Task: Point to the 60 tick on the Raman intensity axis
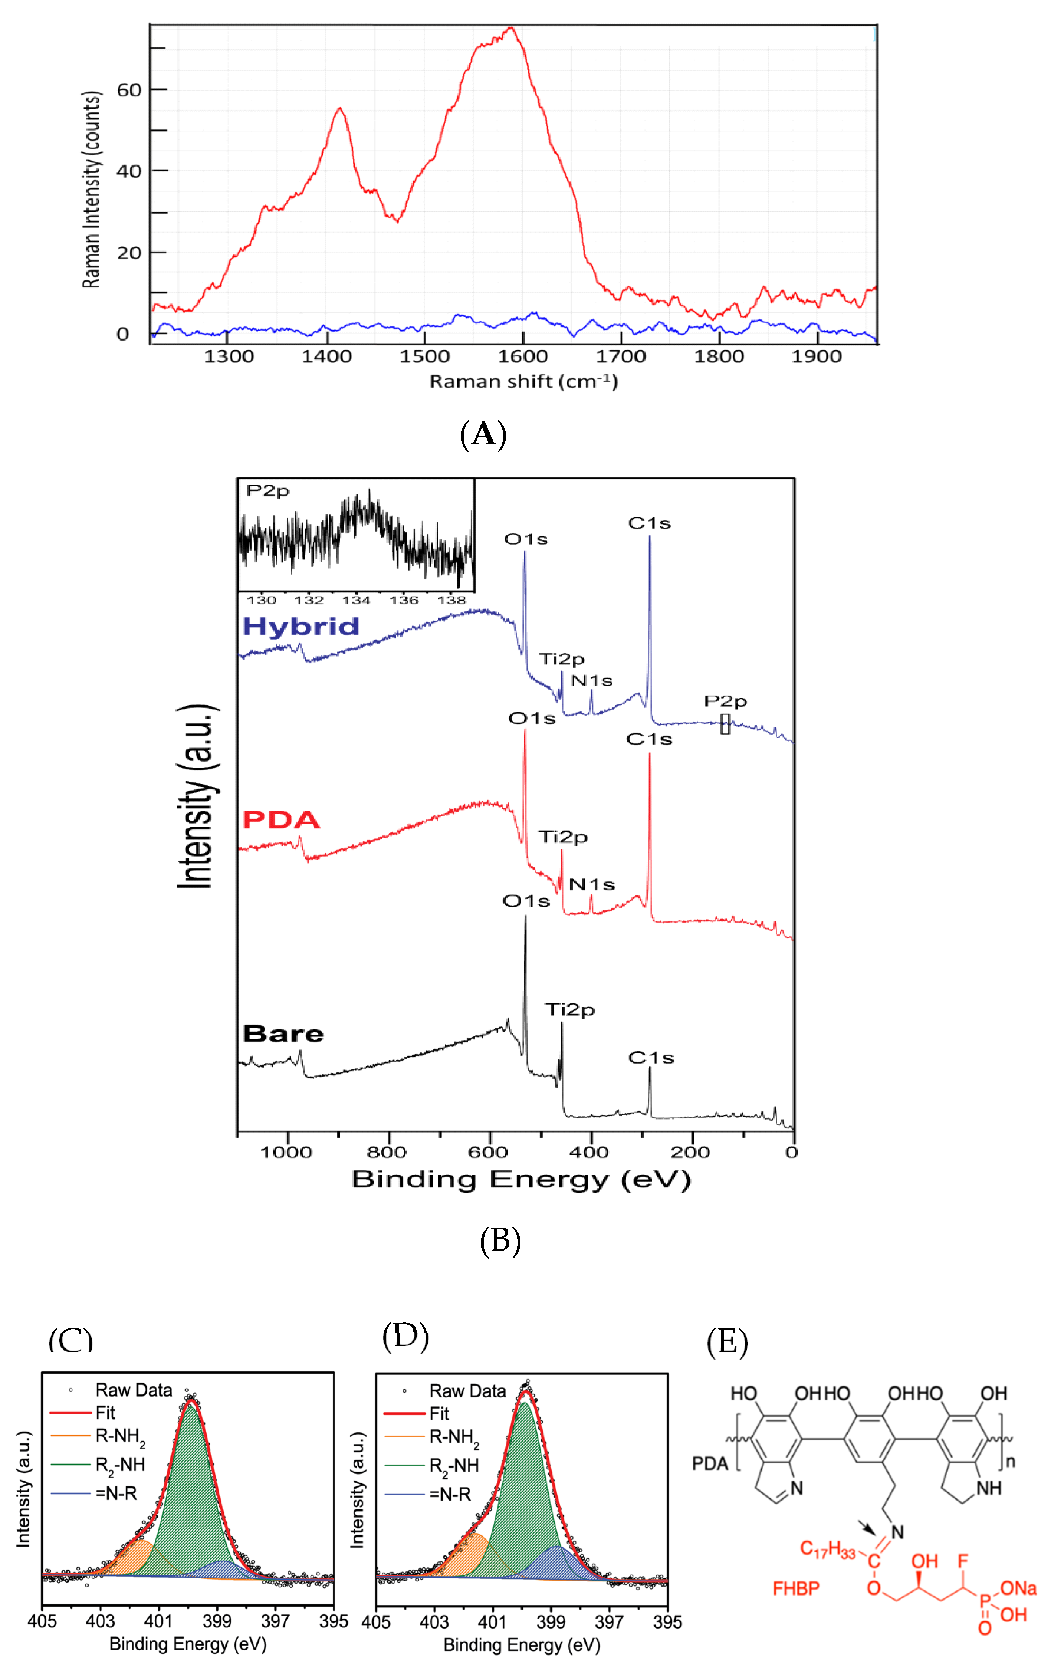click(129, 91)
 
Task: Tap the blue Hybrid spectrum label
click(300, 627)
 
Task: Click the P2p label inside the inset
click(267, 491)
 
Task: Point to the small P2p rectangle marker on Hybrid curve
click(725, 724)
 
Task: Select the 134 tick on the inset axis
click(356, 600)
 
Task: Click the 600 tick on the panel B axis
click(488, 1153)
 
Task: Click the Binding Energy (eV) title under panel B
click(521, 1180)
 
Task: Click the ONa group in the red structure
click(1018, 1588)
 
